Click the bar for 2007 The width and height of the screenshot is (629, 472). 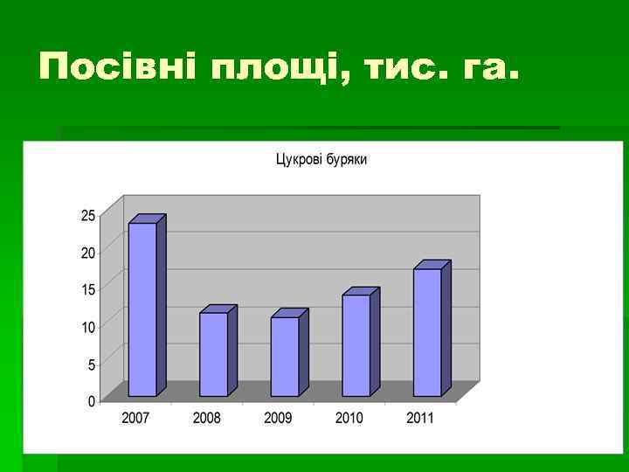tap(142, 309)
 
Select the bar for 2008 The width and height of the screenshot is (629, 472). tap(213, 354)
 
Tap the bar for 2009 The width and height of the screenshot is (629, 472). tap(285, 357)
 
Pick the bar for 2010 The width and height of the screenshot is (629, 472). tap(356, 345)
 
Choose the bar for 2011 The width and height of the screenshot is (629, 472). tap(427, 332)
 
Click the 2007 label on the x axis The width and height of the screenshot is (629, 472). tap(135, 418)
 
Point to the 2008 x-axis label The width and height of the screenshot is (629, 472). tap(207, 418)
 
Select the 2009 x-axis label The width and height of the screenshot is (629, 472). tap(278, 418)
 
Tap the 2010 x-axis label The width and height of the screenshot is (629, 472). tap(349, 418)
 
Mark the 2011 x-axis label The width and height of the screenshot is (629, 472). tap(420, 418)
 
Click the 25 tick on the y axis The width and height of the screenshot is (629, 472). tap(88, 215)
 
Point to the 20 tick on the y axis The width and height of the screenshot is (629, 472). tap(88, 253)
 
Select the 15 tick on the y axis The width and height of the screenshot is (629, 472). tap(88, 289)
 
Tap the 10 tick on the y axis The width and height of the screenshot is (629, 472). tap(88, 327)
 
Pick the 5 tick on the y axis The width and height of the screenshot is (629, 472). tap(92, 364)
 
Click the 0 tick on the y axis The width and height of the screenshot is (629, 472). tap(92, 401)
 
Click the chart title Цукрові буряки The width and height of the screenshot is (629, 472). tap(321, 160)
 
